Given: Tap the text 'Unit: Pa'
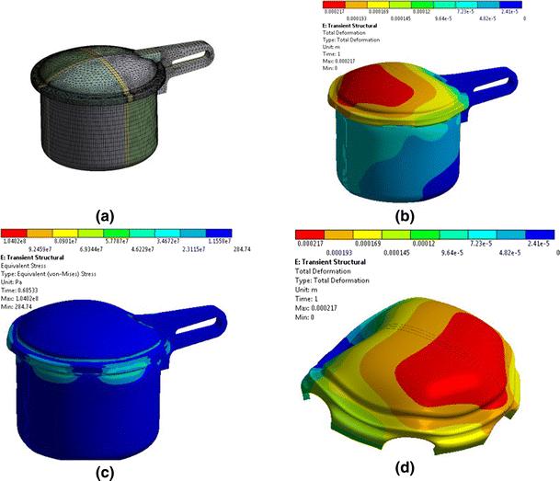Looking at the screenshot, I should click(17, 279).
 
